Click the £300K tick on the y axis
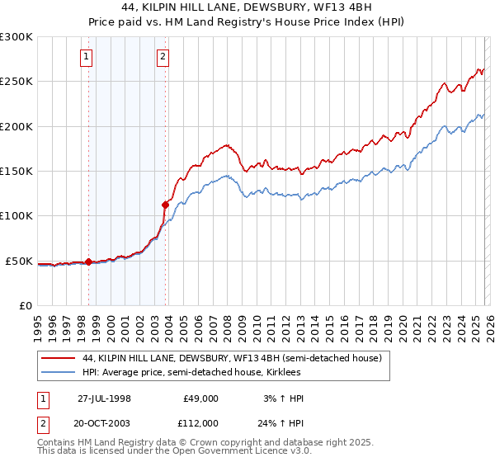(x=16, y=37)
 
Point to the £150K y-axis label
(x=16, y=172)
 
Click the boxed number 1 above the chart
(x=87, y=57)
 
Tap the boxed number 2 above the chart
(x=163, y=57)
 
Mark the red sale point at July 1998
(x=88, y=262)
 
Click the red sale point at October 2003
(x=165, y=205)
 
